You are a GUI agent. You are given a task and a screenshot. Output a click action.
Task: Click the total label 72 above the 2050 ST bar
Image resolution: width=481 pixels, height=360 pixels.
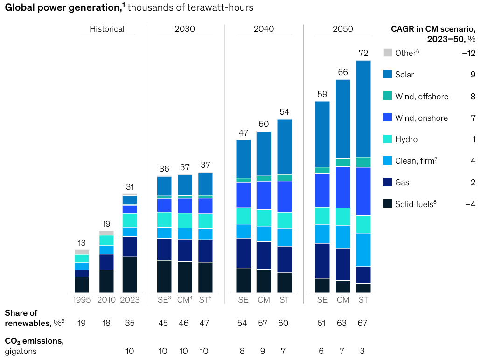pyautogui.click(x=363, y=53)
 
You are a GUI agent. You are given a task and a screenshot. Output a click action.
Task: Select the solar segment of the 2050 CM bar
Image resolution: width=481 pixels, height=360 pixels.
pyautogui.click(x=343, y=119)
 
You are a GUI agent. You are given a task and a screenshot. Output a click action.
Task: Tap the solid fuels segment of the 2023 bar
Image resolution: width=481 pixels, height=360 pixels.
pyautogui.click(x=130, y=275)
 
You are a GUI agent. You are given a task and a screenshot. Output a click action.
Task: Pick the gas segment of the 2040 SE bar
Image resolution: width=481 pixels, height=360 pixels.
pyautogui.click(x=243, y=253)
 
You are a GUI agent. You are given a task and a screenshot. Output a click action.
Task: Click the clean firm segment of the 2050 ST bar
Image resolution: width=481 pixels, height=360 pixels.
pyautogui.click(x=363, y=250)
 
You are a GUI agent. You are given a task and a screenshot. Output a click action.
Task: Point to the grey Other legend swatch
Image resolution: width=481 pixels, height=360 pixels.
pyautogui.click(x=388, y=53)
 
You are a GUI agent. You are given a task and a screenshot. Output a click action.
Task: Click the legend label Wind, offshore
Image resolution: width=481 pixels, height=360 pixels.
pyautogui.click(x=421, y=97)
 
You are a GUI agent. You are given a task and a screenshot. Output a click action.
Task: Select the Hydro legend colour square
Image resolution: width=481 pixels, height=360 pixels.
pyautogui.click(x=388, y=139)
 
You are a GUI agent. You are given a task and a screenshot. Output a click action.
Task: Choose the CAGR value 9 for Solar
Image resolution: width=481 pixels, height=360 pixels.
pyautogui.click(x=473, y=75)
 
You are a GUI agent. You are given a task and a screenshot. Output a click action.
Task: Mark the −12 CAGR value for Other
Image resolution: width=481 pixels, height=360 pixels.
pyautogui.click(x=468, y=53)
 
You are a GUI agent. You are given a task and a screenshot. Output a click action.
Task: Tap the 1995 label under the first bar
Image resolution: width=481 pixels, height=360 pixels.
pyautogui.click(x=82, y=300)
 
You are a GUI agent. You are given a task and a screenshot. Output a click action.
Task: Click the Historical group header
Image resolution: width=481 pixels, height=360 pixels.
pyautogui.click(x=107, y=29)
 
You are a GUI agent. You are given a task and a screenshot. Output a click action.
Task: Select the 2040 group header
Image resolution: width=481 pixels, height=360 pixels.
pyautogui.click(x=264, y=29)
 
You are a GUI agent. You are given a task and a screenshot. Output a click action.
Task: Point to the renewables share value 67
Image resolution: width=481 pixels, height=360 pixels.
pyautogui.click(x=363, y=323)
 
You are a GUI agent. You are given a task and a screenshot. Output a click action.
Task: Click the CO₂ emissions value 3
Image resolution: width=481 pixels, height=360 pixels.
pyautogui.click(x=363, y=351)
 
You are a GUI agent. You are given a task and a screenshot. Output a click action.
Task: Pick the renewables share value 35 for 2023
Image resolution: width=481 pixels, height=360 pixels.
pyautogui.click(x=130, y=323)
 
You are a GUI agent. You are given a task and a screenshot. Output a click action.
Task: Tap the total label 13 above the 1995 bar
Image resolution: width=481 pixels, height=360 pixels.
pyautogui.click(x=82, y=243)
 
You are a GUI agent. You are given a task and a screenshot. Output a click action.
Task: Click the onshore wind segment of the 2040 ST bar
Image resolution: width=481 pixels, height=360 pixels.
pyautogui.click(x=284, y=196)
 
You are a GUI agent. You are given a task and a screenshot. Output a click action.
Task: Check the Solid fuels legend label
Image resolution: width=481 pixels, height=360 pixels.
pyautogui.click(x=415, y=204)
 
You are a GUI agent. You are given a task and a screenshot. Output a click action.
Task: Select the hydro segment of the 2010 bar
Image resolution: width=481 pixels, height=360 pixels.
pyautogui.click(x=106, y=240)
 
